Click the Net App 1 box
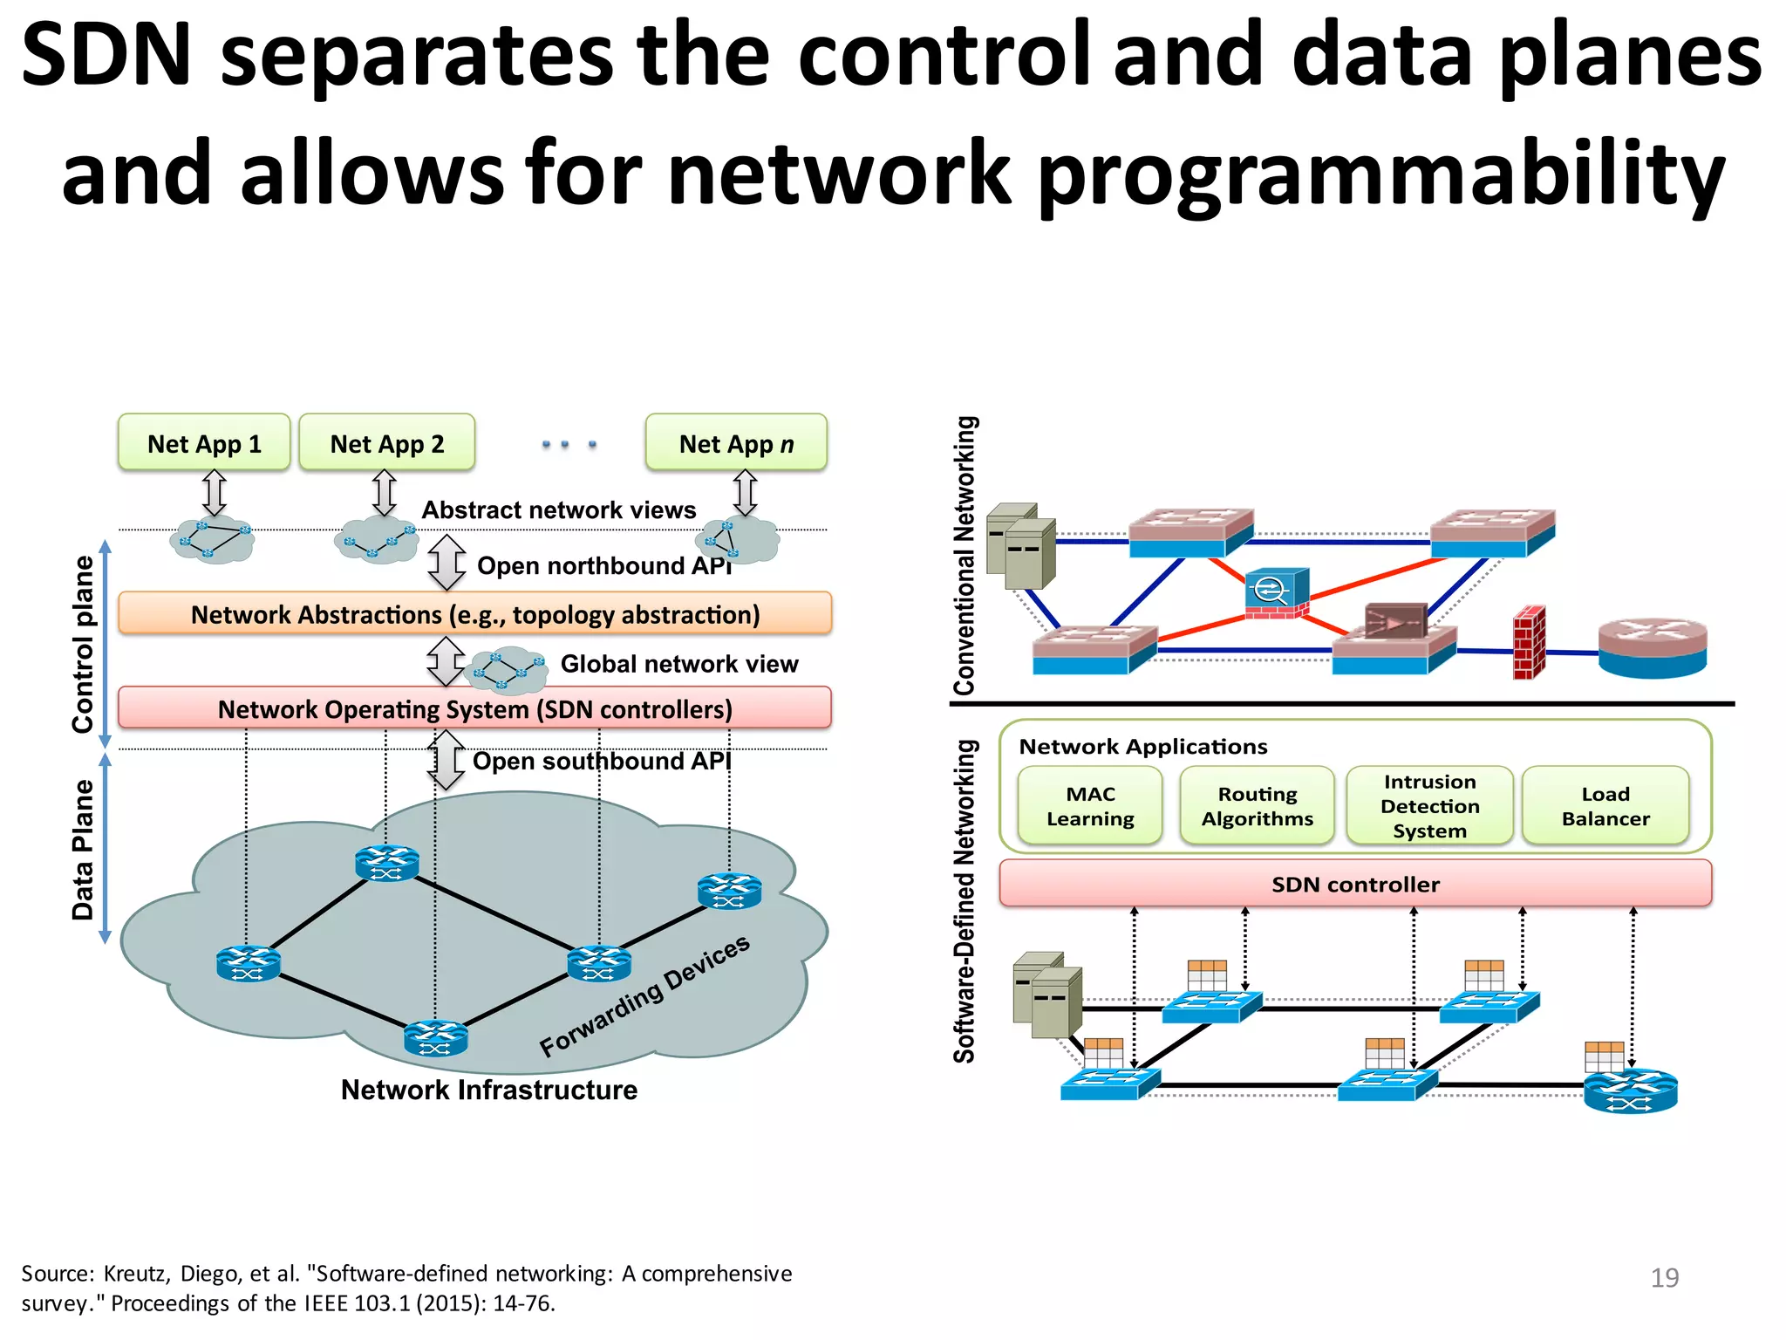[204, 443]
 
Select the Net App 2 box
[387, 443]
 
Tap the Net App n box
[736, 443]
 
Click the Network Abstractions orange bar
[475, 614]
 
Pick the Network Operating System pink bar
[475, 708]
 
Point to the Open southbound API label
[602, 761]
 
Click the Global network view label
[678, 664]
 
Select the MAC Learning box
[1090, 806]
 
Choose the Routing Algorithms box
[1257, 806]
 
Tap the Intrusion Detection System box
[1429, 806]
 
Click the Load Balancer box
[1605, 806]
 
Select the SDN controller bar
[1355, 884]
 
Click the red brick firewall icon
[1529, 644]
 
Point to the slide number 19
[1664, 1277]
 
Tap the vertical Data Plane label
[83, 850]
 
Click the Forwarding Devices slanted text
[644, 995]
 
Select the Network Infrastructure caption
[488, 1090]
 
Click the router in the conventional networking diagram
[1652, 647]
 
